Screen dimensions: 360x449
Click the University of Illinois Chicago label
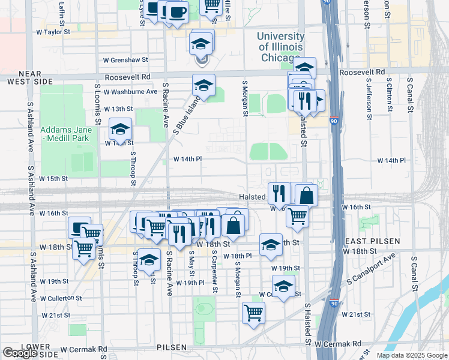[280, 47]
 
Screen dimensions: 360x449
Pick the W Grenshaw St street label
[125, 60]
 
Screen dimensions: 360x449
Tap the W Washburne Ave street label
[130, 92]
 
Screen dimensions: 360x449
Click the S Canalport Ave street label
[372, 269]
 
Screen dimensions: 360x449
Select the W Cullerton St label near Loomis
[61, 298]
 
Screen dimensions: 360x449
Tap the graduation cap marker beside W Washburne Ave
[204, 85]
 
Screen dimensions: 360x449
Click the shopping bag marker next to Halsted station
[306, 195]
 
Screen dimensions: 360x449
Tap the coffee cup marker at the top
[177, 12]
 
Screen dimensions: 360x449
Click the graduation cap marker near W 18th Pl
[271, 244]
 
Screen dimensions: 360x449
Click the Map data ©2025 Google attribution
[411, 355]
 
